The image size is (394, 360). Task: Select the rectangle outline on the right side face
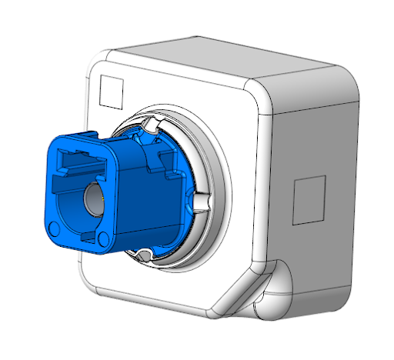[311, 197]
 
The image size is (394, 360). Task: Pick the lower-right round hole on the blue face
[103, 238]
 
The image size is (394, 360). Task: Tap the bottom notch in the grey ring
[143, 254]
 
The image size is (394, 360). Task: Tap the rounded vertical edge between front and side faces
[265, 177]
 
